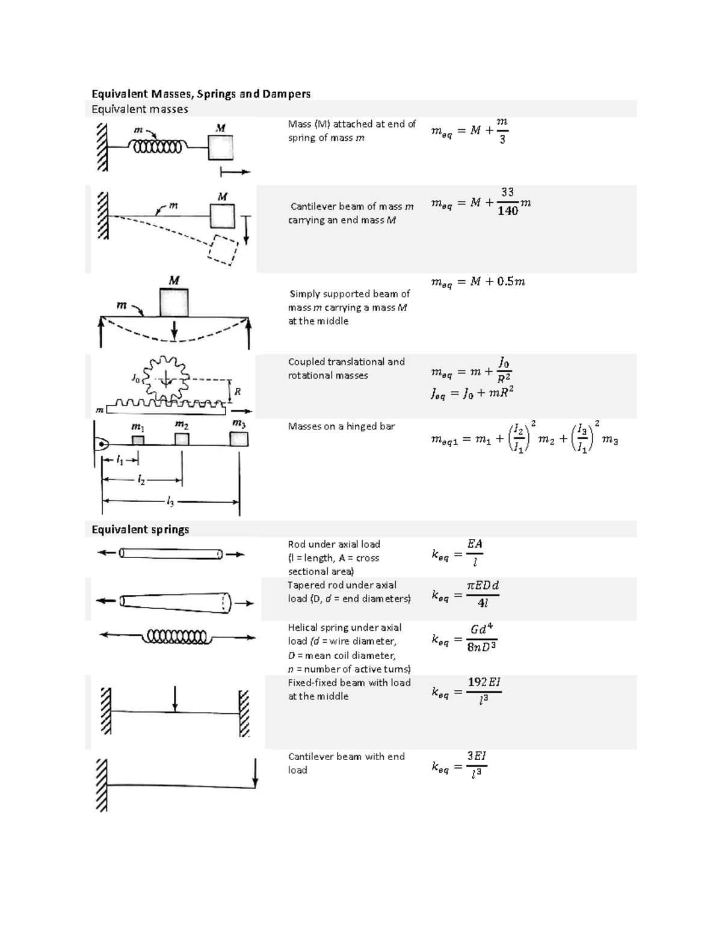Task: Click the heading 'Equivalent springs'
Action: click(x=140, y=529)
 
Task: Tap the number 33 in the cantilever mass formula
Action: click(x=508, y=192)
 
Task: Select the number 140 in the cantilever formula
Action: click(x=508, y=211)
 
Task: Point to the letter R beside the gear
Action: click(x=238, y=392)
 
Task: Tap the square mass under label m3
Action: click(x=239, y=439)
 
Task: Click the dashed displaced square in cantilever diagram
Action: click(x=222, y=248)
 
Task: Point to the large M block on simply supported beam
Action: click(x=174, y=302)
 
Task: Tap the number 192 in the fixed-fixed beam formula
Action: click(x=477, y=682)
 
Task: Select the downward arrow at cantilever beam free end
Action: click(x=255, y=773)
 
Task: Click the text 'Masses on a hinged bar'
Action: click(x=341, y=426)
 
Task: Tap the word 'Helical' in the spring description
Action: click(x=303, y=627)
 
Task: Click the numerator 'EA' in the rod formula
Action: click(x=475, y=544)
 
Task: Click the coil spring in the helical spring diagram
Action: click(x=176, y=636)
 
